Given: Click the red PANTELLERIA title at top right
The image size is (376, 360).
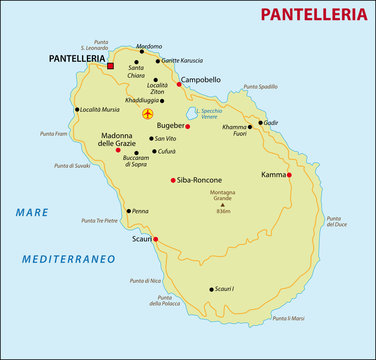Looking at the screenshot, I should (x=313, y=14).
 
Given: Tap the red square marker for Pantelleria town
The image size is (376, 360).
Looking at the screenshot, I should (x=111, y=66).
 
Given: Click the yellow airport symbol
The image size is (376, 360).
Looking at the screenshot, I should (x=148, y=113).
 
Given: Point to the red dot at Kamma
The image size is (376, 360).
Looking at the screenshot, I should (x=289, y=175).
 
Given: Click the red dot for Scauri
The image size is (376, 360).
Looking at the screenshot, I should (x=155, y=239).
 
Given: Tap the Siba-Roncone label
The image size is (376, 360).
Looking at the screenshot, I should (x=197, y=180).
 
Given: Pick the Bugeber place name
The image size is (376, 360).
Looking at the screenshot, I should (x=171, y=126).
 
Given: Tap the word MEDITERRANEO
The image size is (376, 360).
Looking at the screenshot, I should (x=68, y=258).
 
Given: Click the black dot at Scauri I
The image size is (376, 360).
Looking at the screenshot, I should (x=213, y=289).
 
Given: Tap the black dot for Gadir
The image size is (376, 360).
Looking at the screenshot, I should (x=261, y=123).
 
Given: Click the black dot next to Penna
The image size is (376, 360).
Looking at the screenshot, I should (x=127, y=211).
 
